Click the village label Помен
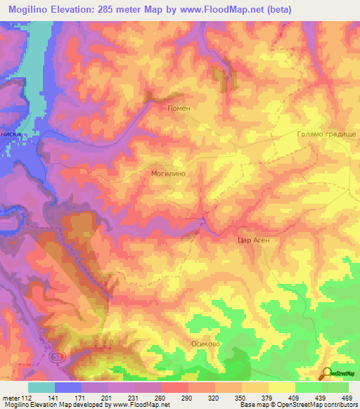tap(179, 108)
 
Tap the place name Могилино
tap(168, 171)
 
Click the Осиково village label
tap(207, 344)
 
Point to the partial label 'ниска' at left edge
tap(13, 132)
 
